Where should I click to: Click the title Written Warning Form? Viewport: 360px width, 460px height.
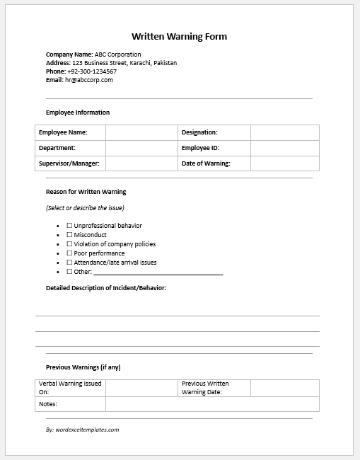click(180, 36)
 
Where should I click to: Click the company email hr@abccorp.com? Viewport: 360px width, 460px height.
click(88, 80)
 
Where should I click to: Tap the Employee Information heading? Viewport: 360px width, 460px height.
click(78, 113)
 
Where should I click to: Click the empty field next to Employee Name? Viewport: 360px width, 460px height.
click(141, 132)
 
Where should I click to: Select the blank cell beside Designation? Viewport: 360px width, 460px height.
click(284, 132)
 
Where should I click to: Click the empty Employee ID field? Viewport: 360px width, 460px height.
click(284, 148)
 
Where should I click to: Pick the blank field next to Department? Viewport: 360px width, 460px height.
click(141, 148)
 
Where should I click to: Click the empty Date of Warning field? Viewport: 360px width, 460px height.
click(284, 163)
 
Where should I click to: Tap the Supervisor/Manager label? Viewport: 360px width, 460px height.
click(69, 163)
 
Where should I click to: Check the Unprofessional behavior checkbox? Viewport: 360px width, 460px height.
click(69, 226)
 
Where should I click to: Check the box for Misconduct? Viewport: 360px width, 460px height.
click(69, 235)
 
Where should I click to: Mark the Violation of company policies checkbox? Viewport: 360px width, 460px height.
click(69, 244)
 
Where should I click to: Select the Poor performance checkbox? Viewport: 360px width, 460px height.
click(69, 253)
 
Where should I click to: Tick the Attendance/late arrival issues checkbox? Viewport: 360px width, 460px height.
click(69, 263)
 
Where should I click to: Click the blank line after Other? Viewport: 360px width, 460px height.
click(158, 272)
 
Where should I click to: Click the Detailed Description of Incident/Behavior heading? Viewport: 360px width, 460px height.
click(106, 288)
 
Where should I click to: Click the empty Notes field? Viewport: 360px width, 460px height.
click(212, 404)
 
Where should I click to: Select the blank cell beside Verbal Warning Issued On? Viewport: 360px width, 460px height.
click(141, 388)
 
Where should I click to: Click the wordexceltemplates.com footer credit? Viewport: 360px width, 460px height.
click(82, 430)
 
